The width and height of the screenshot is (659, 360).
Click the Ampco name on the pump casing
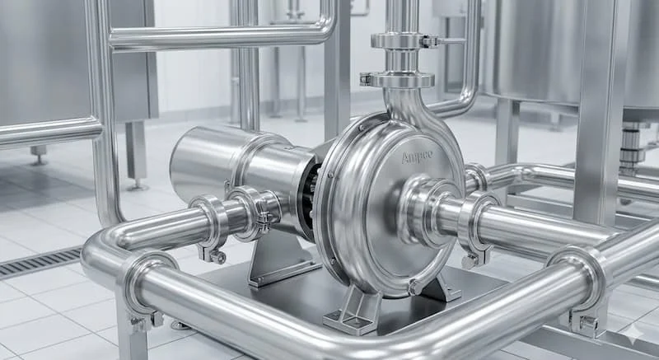click(417, 157)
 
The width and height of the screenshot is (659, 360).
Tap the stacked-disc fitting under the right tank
click(632, 145)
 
